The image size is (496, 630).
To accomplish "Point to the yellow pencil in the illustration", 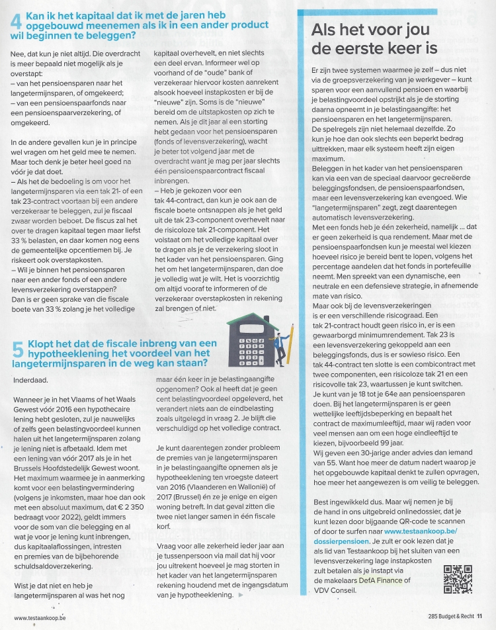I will (292, 341).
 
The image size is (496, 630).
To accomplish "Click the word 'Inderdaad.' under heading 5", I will (31, 380).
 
